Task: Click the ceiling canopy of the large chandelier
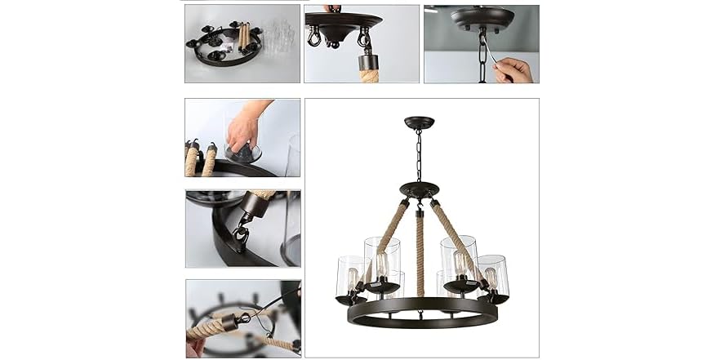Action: [x=419, y=122]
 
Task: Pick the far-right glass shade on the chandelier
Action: [x=492, y=273]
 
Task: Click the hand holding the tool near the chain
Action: [x=514, y=69]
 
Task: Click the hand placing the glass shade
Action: [x=243, y=127]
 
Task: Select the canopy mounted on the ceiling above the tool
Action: [x=482, y=16]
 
